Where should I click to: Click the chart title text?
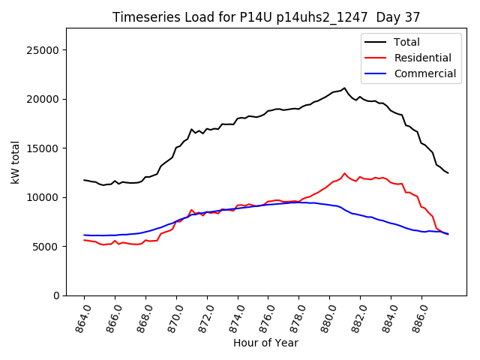(x=265, y=17)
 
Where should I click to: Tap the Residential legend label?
(x=422, y=58)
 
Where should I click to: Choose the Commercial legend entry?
(x=424, y=73)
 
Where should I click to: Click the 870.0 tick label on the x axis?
(x=175, y=316)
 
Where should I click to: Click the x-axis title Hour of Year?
(x=265, y=343)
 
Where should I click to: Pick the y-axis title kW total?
(x=16, y=162)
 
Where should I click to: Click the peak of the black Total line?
(x=344, y=88)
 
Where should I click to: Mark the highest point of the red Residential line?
(x=344, y=173)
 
